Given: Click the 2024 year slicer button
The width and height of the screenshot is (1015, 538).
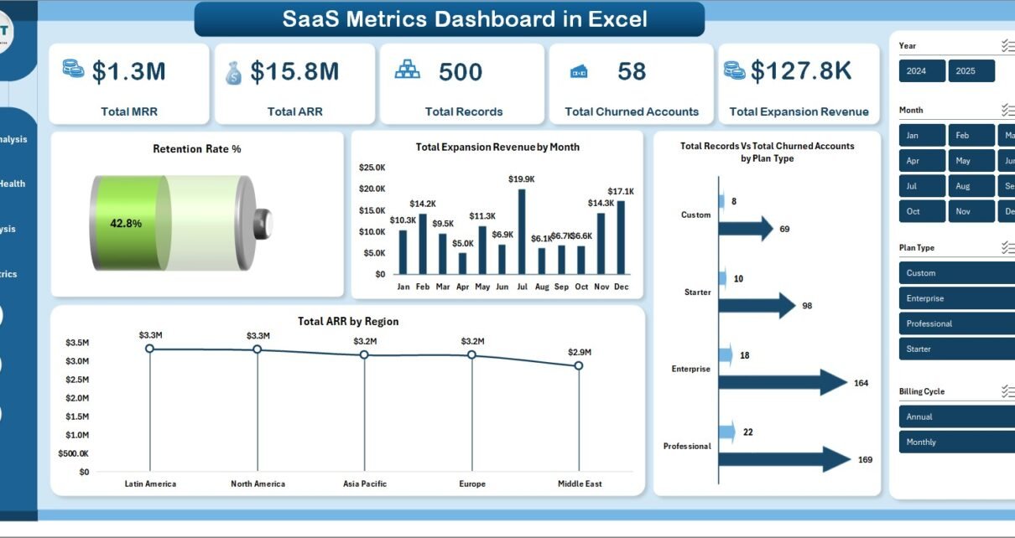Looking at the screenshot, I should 921,71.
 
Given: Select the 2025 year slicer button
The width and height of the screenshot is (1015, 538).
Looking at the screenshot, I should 971,71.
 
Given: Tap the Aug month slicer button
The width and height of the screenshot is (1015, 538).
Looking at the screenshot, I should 971,186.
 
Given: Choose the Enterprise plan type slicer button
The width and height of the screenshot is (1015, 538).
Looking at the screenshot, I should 956,298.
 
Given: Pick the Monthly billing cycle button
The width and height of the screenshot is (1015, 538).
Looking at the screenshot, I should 956,442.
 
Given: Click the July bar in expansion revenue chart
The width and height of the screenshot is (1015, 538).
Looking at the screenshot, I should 522,231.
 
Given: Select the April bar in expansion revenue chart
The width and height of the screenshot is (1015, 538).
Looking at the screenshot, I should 462,263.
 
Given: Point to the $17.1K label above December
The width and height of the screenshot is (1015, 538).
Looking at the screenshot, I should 622,191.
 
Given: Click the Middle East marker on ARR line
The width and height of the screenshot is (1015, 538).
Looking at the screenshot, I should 579,365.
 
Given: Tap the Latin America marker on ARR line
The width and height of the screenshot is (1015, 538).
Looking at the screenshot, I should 149,348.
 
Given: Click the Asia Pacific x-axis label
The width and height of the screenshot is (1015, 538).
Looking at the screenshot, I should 365,484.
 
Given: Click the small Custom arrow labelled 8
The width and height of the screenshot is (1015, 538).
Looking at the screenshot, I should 721,201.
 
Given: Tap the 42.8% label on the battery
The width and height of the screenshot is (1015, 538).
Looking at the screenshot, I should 126,224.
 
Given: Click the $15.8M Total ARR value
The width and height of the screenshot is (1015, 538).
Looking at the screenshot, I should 294,72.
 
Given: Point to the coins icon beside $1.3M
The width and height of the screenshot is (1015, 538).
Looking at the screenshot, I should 73,69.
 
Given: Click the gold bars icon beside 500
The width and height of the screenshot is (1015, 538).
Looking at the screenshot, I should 408,69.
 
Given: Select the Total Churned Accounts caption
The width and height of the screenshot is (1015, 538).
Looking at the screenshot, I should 632,111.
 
